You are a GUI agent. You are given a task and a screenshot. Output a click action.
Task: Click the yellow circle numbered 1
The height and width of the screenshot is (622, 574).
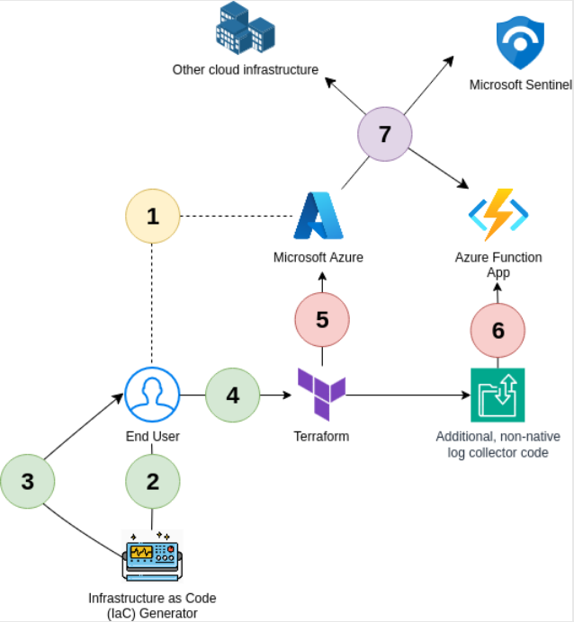pyautogui.click(x=152, y=217)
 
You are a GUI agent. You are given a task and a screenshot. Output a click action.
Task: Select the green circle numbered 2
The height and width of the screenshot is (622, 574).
pyautogui.click(x=152, y=481)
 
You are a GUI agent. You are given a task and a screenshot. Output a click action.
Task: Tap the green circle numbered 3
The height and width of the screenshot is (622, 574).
pyautogui.click(x=27, y=481)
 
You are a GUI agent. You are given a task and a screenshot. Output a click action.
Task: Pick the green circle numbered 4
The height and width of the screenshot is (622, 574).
pyautogui.click(x=232, y=395)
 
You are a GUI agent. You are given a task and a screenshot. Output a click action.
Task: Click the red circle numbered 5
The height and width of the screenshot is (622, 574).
pyautogui.click(x=322, y=319)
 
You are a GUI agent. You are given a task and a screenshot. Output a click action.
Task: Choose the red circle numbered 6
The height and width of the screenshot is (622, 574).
pyautogui.click(x=498, y=330)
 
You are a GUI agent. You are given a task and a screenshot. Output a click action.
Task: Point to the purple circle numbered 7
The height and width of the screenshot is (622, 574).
pyautogui.click(x=384, y=135)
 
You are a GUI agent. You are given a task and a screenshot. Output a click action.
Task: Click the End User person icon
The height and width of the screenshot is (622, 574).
pyautogui.click(x=152, y=395)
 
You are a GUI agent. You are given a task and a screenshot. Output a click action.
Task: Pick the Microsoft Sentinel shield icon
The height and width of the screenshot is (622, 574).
pyautogui.click(x=521, y=42)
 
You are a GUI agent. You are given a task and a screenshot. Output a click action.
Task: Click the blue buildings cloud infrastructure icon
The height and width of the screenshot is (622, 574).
pyautogui.click(x=245, y=28)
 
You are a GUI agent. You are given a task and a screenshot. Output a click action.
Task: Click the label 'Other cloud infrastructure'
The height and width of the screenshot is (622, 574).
pyautogui.click(x=246, y=69)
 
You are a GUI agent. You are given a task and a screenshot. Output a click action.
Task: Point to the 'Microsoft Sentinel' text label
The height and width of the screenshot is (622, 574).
pyautogui.click(x=520, y=84)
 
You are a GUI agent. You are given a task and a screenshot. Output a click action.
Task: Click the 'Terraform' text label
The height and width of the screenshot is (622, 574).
pyautogui.click(x=321, y=436)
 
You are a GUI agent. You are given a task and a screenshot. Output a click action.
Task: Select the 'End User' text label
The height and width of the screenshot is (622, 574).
pyautogui.click(x=152, y=436)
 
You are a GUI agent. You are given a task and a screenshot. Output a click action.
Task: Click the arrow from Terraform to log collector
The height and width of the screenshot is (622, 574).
pyautogui.click(x=405, y=395)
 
